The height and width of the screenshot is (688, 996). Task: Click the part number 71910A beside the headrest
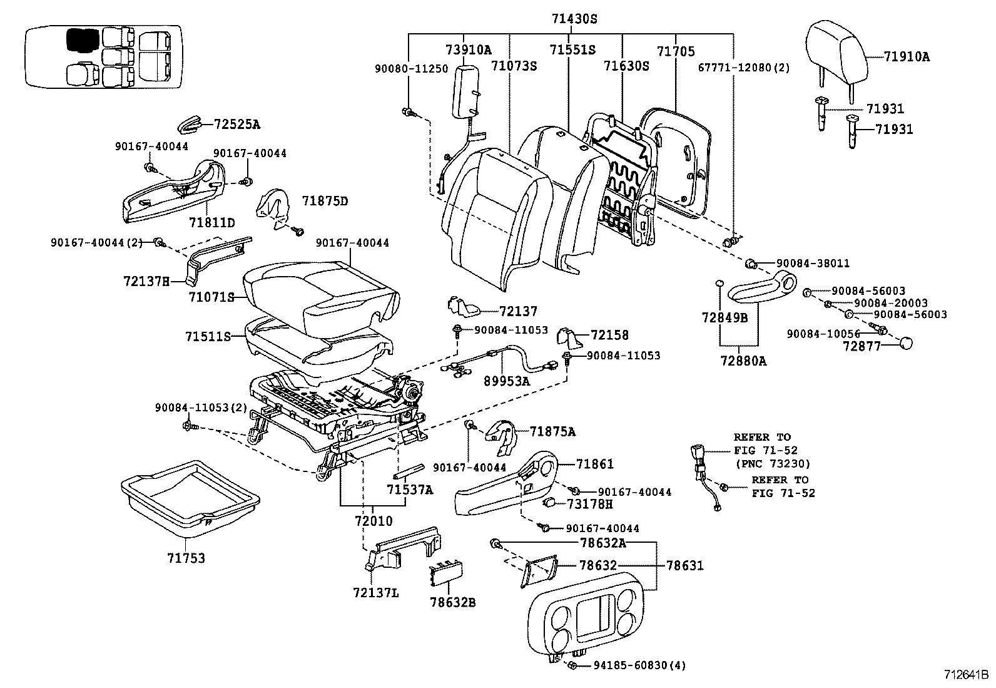click(x=907, y=57)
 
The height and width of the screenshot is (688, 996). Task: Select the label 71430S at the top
click(x=574, y=19)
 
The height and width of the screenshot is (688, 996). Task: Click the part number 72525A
click(x=236, y=124)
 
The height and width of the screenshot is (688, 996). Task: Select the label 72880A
click(x=743, y=361)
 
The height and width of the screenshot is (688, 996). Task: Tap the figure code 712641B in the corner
click(x=966, y=675)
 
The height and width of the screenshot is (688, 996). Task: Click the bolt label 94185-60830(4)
click(x=639, y=665)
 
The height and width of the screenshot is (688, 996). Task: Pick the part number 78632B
click(x=452, y=603)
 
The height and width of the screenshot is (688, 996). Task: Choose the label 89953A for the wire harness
click(x=507, y=380)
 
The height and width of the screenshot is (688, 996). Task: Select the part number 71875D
click(x=325, y=201)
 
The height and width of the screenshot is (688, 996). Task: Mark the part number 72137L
click(x=375, y=592)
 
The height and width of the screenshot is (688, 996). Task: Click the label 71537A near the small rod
click(x=409, y=490)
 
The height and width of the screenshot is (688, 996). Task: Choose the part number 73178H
click(x=590, y=504)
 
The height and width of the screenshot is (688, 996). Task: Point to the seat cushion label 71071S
click(x=211, y=297)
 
